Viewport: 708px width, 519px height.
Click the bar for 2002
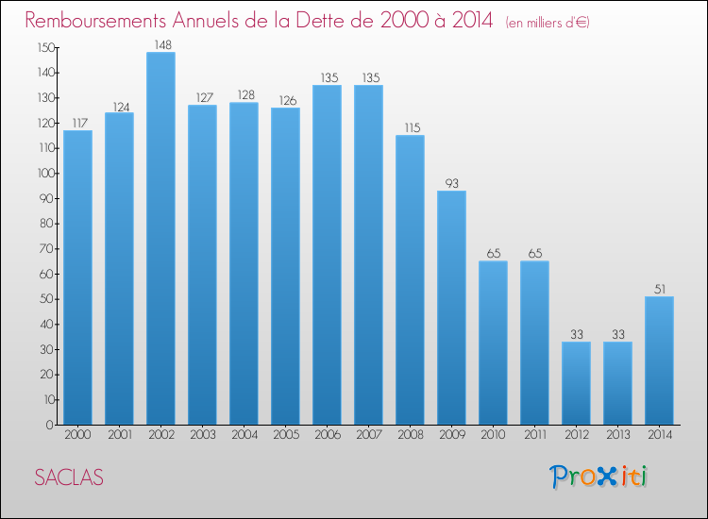[x=160, y=238]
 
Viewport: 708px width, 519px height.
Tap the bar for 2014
[x=659, y=360]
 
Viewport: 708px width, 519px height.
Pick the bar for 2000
[x=77, y=277]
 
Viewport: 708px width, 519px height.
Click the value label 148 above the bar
[x=160, y=43]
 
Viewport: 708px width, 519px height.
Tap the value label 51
[x=659, y=288]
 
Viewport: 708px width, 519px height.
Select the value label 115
[x=410, y=126]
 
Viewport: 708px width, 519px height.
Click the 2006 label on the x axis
[x=327, y=436]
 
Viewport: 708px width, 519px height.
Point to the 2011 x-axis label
[x=534, y=436]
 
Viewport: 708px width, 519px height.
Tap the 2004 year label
[x=244, y=436]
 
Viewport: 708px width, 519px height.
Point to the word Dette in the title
[x=350, y=21]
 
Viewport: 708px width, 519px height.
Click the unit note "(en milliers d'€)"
[x=547, y=23]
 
